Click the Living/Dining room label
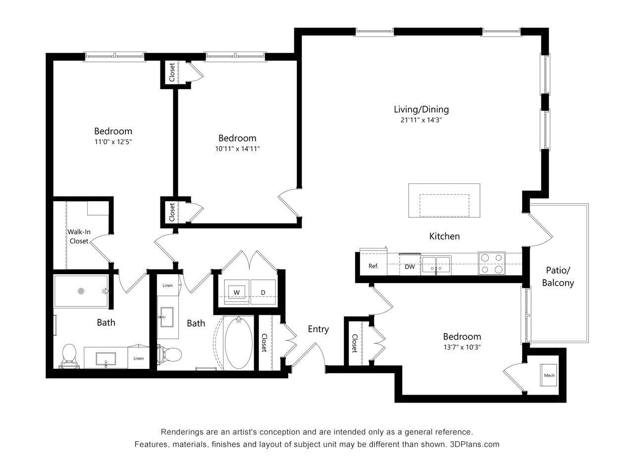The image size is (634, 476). click(x=421, y=110)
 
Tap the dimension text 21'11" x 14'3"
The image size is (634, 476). click(x=421, y=120)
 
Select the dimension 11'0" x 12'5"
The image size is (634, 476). click(x=113, y=142)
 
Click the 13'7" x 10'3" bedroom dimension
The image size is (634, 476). click(x=462, y=347)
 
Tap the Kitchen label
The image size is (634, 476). click(x=444, y=237)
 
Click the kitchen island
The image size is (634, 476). click(x=444, y=200)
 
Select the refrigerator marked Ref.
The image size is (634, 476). click(x=373, y=266)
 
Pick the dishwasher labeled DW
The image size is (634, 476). click(x=410, y=267)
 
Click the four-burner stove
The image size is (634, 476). click(x=491, y=264)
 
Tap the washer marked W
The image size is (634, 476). click(x=237, y=292)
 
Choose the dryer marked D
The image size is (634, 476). click(x=263, y=292)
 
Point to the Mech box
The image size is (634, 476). click(x=549, y=375)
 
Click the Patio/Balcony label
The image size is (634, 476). click(x=558, y=277)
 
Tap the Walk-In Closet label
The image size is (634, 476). click(x=78, y=237)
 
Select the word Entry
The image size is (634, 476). click(x=318, y=329)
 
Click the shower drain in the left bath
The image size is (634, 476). click(x=81, y=291)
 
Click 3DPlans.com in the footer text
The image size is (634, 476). click(x=475, y=444)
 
